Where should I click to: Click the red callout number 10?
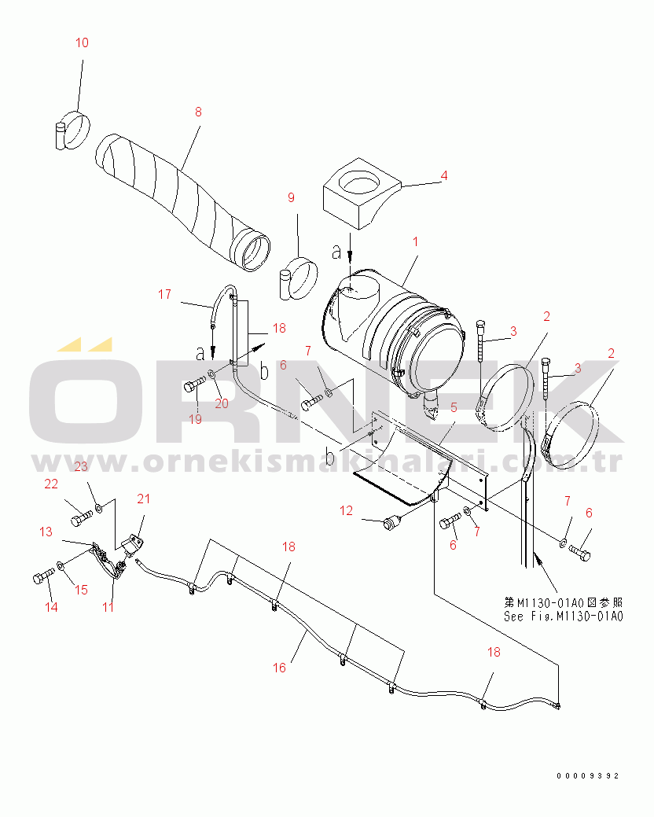[83, 42]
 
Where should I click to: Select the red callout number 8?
[198, 112]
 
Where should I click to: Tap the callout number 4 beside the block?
[444, 175]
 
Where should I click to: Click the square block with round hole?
[362, 193]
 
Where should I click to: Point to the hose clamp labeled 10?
[72, 131]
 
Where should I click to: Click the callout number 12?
[347, 511]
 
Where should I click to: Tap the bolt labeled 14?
[43, 576]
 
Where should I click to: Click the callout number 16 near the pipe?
[280, 668]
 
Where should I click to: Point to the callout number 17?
[164, 295]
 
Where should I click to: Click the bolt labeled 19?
[194, 386]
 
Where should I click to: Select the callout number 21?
[144, 499]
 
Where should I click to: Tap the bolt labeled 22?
[81, 518]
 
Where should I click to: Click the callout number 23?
[81, 466]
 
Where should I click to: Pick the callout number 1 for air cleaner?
[416, 242]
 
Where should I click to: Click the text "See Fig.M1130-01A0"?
[564, 616]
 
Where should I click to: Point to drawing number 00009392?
[587, 776]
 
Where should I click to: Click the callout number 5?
[454, 407]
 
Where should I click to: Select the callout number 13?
[46, 532]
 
